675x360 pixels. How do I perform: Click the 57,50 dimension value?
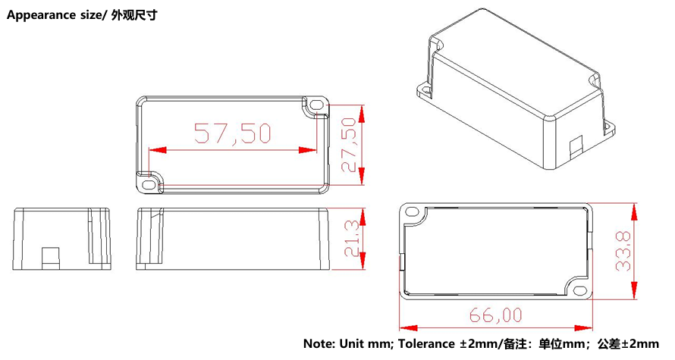pyautogui.click(x=233, y=133)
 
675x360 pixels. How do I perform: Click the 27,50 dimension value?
pyautogui.click(x=349, y=145)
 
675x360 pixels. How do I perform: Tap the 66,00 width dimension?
pyautogui.click(x=496, y=314)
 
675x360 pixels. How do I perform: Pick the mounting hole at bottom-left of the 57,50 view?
pyautogui.click(x=147, y=182)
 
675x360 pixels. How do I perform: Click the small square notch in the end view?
pyautogui.click(x=50, y=257)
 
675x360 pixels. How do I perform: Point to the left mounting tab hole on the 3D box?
pyautogui.click(x=425, y=89)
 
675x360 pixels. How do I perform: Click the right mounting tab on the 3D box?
pyautogui.click(x=607, y=126)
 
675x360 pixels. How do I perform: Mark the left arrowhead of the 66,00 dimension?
pyautogui.click(x=405, y=328)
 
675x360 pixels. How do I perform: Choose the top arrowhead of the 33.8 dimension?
pyautogui.click(x=634, y=208)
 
